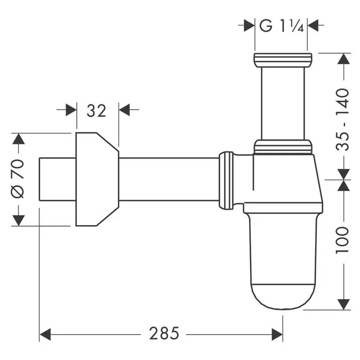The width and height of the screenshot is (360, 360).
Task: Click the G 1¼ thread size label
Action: (281, 26)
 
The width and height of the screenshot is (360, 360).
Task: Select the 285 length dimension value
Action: (164, 334)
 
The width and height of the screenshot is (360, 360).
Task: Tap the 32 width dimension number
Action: (97, 110)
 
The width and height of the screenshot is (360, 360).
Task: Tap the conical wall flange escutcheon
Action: (96, 179)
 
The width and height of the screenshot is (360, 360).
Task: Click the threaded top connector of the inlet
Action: (282, 60)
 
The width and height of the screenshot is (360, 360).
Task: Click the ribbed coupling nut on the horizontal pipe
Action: (226, 180)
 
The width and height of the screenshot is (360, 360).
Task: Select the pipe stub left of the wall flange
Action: (58, 179)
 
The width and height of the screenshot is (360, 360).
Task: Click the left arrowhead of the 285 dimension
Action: (45, 334)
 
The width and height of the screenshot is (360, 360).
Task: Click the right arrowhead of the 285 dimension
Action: (277, 334)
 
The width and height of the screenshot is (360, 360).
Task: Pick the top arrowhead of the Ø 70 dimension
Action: (18, 139)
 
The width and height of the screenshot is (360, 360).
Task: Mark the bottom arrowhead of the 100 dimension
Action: (344, 303)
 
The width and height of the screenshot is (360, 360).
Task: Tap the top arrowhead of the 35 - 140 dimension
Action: (344, 59)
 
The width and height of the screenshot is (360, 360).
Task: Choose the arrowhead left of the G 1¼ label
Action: (249, 25)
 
